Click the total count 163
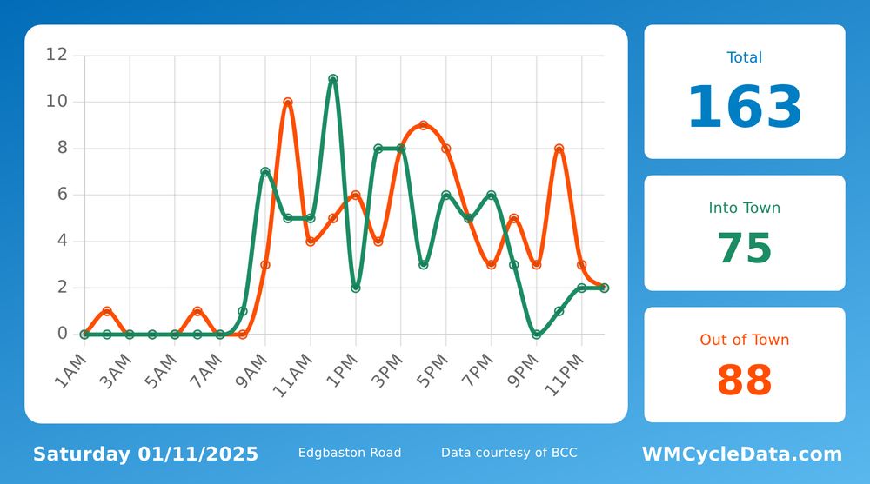coord(745,109)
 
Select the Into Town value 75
coord(745,248)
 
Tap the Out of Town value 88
coord(745,380)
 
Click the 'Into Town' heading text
coord(745,208)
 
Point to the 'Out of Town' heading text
coord(745,340)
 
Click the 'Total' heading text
coord(745,57)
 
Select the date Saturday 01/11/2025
coord(145,454)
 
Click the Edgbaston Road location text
coord(350,453)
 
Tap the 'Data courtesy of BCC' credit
coord(509,453)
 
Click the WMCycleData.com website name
coord(742,454)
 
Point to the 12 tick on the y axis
coord(57,55)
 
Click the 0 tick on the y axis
coord(62,334)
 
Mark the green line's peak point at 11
coord(333,79)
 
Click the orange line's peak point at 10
coord(288,103)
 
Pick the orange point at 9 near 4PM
coord(424,125)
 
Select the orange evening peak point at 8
coord(559,149)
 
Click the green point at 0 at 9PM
coord(537,334)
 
